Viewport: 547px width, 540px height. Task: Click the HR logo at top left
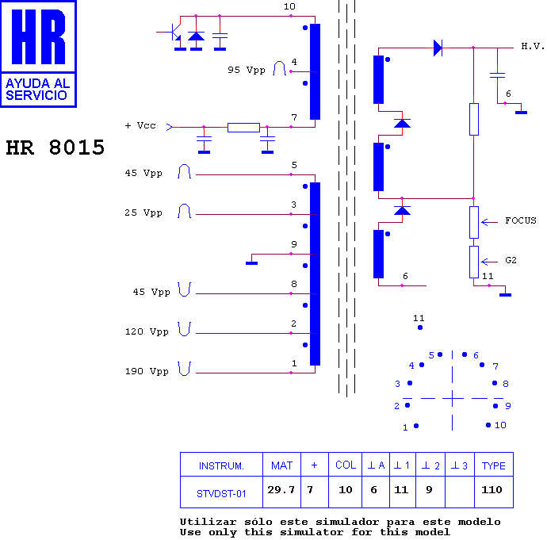pyautogui.click(x=38, y=54)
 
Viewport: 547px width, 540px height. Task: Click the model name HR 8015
pyautogui.click(x=55, y=147)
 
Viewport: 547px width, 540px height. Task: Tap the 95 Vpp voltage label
pyautogui.click(x=247, y=70)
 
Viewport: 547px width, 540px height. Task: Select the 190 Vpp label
pyautogui.click(x=147, y=371)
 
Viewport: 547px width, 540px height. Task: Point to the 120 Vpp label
pyautogui.click(x=147, y=331)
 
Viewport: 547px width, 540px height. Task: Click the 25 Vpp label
pyautogui.click(x=143, y=213)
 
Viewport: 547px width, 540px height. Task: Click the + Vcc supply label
pyautogui.click(x=140, y=125)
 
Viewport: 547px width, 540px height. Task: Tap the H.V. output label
pyautogui.click(x=533, y=46)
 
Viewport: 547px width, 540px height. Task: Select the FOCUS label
pyautogui.click(x=521, y=220)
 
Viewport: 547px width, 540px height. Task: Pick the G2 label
pyautogui.click(x=511, y=260)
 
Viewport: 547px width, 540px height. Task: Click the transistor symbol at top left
pyautogui.click(x=174, y=33)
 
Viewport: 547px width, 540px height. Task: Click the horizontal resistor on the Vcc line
pyautogui.click(x=243, y=128)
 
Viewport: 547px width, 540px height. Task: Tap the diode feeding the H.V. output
pyautogui.click(x=438, y=48)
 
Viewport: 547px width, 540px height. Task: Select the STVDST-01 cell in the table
pyautogui.click(x=221, y=493)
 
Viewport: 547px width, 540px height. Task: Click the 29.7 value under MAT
pyautogui.click(x=281, y=490)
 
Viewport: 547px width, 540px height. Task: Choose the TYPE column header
pyautogui.click(x=493, y=465)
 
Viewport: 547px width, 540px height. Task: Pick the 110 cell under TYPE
pyautogui.click(x=492, y=490)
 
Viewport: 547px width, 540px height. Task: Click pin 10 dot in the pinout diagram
pyautogui.click(x=488, y=425)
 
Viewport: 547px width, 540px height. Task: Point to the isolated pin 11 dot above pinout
pyautogui.click(x=420, y=327)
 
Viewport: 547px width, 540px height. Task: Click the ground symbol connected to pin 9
pyautogui.click(x=251, y=263)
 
